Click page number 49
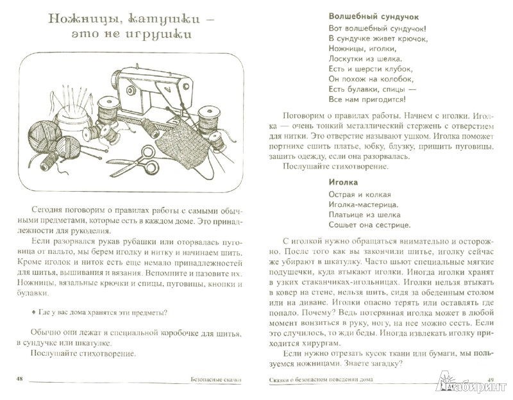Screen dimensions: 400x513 492,380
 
